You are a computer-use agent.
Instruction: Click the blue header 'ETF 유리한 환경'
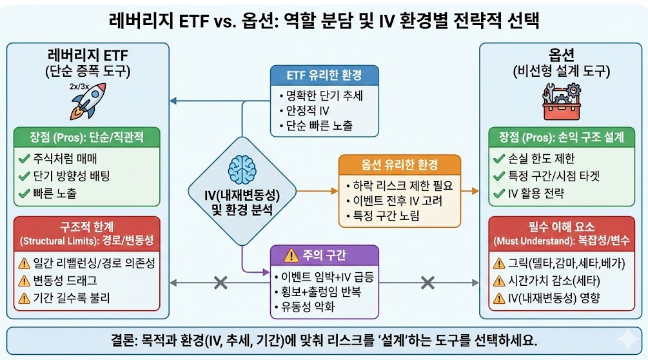(324, 75)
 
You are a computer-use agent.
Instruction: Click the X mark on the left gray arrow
(221, 282)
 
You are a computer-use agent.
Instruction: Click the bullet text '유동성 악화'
(308, 307)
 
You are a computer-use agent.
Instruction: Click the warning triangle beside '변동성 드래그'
(24, 280)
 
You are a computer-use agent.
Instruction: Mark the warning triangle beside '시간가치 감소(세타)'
(498, 281)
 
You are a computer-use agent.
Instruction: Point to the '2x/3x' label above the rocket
(80, 85)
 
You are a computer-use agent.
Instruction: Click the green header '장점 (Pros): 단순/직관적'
(88, 138)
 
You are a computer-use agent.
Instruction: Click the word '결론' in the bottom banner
(123, 340)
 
